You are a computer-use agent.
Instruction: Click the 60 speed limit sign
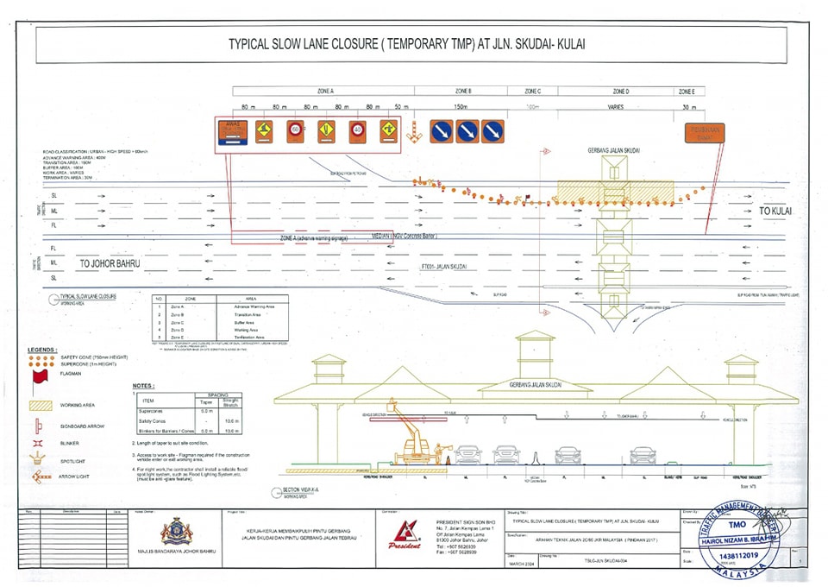(296, 131)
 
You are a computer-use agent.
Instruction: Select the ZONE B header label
(463, 91)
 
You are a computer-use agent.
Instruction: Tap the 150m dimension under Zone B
(461, 107)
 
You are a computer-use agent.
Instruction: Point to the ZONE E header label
(687, 91)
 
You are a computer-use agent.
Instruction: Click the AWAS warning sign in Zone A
(234, 134)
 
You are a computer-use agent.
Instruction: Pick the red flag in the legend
(38, 378)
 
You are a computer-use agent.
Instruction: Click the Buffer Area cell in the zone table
(254, 322)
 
